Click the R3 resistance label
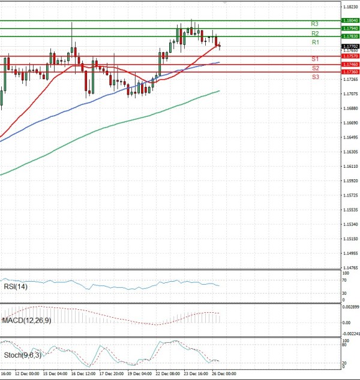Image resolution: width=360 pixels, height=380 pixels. (x=314, y=24)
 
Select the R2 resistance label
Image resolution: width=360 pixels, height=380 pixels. (x=314, y=33)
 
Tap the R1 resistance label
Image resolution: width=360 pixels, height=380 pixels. (x=315, y=43)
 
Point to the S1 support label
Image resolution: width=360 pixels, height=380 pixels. (x=314, y=59)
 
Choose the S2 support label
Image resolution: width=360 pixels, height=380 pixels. (x=315, y=68)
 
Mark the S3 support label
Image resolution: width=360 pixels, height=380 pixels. (x=315, y=77)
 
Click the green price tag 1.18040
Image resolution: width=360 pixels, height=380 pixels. (x=350, y=20)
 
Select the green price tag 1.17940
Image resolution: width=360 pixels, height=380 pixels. (x=350, y=28)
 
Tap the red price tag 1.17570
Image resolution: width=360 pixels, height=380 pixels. (x=350, y=56)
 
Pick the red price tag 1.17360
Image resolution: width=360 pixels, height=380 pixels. (x=350, y=72)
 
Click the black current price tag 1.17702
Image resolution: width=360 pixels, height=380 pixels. (x=350, y=46)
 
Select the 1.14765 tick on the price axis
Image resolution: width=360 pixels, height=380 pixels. (x=350, y=268)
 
